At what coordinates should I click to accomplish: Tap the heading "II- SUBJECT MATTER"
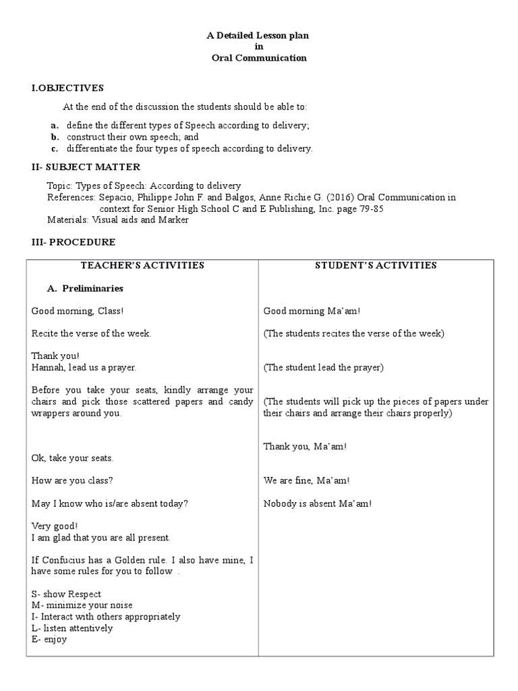(x=86, y=167)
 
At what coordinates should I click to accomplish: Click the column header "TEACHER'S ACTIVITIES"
(x=142, y=265)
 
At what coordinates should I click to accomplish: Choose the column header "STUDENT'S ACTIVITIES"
(x=376, y=265)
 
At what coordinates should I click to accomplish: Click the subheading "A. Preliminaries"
(x=85, y=288)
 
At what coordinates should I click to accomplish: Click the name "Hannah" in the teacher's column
(x=47, y=368)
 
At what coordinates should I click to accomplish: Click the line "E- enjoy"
(x=49, y=639)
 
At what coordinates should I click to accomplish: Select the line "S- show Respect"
(x=66, y=594)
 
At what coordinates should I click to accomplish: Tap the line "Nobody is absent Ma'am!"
(x=317, y=503)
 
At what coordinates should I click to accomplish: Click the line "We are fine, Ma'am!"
(x=306, y=480)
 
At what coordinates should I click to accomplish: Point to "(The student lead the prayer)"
(x=323, y=368)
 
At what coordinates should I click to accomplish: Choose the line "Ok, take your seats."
(x=72, y=458)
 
